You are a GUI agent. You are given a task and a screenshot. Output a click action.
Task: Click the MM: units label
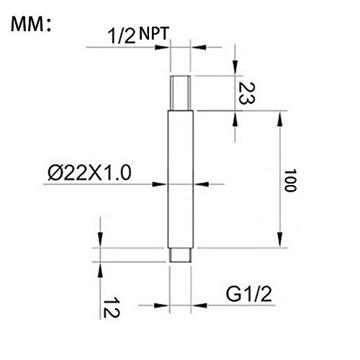31,24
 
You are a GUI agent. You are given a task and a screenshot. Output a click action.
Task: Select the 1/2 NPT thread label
138,35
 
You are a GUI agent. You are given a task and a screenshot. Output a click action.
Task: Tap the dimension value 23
246,94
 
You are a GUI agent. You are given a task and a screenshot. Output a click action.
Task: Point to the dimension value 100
290,181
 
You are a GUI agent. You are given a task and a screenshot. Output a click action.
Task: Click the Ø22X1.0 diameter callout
89,173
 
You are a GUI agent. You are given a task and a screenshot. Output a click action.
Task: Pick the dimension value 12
111,307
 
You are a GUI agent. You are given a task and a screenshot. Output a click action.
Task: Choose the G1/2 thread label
249,294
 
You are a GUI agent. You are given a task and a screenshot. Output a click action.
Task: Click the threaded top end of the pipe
181,93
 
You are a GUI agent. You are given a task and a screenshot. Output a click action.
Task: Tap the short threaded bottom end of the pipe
181,255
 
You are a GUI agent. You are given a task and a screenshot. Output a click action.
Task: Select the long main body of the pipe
181,179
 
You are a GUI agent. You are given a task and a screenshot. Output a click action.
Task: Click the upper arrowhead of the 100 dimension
279,119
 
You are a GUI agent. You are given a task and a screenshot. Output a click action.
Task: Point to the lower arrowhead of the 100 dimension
279,240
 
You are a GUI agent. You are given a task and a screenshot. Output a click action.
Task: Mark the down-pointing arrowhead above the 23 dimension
235,66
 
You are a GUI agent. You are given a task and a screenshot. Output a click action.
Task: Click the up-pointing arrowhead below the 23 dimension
235,118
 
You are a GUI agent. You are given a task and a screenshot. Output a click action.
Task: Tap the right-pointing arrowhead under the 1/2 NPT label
162,48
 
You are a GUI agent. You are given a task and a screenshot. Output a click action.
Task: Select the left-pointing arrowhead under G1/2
199,305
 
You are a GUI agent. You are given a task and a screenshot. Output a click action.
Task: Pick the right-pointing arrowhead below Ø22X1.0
159,184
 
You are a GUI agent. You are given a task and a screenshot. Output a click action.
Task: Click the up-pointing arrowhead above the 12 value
100,270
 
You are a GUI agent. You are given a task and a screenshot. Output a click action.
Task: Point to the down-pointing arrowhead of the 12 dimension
100,240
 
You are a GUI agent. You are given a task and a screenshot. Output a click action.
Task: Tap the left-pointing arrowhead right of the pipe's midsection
202,184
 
